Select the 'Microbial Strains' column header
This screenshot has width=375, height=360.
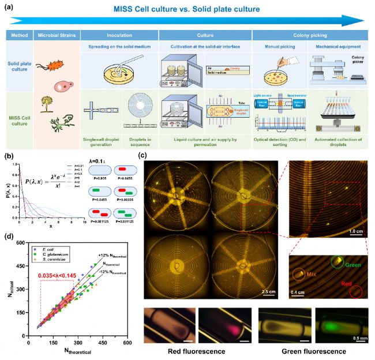tap(56, 36)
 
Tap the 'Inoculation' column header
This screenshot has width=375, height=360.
tap(119, 36)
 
